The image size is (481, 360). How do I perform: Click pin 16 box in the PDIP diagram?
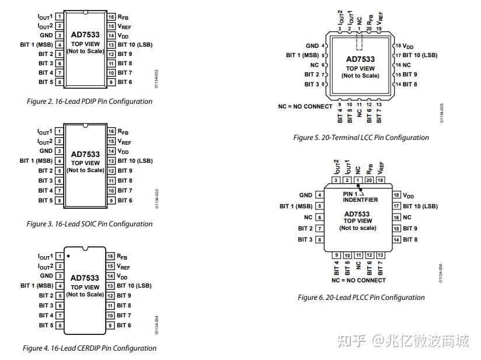[x=110, y=17]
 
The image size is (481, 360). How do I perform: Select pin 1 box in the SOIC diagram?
[x=60, y=132]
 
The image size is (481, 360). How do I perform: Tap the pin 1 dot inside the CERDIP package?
[x=68, y=256]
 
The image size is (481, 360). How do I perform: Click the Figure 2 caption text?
[x=89, y=102]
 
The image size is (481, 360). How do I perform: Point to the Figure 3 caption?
[x=89, y=224]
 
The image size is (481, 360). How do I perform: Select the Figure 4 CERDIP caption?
[x=89, y=348]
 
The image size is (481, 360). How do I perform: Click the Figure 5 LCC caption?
[x=361, y=138]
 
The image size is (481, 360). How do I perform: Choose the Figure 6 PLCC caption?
[x=361, y=298]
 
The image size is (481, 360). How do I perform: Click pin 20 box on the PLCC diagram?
[x=369, y=180]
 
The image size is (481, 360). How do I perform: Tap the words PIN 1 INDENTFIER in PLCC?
[x=360, y=197]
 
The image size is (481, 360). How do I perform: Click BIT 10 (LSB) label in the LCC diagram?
[x=420, y=55]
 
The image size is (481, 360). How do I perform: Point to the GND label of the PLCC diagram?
[x=305, y=195]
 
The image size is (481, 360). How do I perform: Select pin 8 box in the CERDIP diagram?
[x=60, y=326]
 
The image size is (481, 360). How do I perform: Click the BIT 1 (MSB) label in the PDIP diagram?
[x=36, y=45]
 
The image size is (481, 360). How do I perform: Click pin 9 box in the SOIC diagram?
[x=110, y=201]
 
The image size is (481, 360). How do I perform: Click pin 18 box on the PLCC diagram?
[x=396, y=195]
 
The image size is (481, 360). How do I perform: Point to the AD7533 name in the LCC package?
[x=360, y=60]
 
